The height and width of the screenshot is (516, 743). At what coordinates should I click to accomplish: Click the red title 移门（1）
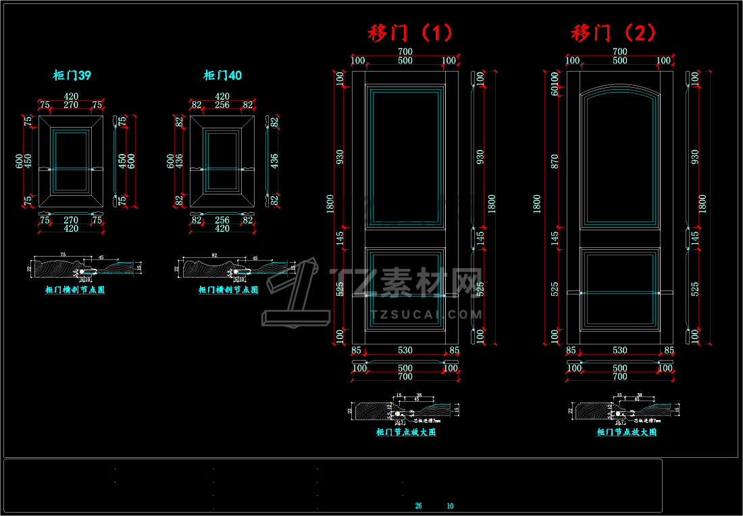pyautogui.click(x=410, y=33)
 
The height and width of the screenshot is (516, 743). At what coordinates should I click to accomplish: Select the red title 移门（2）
pyautogui.click(x=613, y=33)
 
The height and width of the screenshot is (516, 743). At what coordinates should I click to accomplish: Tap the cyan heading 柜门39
pyautogui.click(x=72, y=76)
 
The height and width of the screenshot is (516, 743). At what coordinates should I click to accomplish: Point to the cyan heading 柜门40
pyautogui.click(x=222, y=76)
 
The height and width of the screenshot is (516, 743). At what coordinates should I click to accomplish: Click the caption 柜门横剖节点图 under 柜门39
pyautogui.click(x=75, y=290)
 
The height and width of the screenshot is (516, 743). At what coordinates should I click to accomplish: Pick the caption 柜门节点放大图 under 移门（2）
pyautogui.click(x=627, y=432)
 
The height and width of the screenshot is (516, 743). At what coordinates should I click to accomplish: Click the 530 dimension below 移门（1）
pyautogui.click(x=405, y=351)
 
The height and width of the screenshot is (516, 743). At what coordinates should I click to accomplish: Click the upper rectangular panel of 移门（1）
pyautogui.click(x=405, y=155)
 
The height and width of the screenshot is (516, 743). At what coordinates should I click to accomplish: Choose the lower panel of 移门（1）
pyautogui.click(x=405, y=288)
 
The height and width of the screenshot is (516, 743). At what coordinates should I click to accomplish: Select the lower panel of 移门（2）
pyautogui.click(x=620, y=288)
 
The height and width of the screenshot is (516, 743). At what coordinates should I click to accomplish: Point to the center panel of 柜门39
pyautogui.click(x=71, y=161)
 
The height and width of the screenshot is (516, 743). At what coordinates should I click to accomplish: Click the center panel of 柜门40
pyautogui.click(x=222, y=161)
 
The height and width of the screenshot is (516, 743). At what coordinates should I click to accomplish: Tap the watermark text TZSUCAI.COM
pyautogui.click(x=426, y=314)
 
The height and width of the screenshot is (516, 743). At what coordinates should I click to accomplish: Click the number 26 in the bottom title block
pyautogui.click(x=419, y=506)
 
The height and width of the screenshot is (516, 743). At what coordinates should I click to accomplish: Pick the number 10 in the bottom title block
pyautogui.click(x=451, y=506)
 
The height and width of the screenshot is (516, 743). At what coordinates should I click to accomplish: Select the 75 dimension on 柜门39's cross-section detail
pyautogui.click(x=63, y=255)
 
